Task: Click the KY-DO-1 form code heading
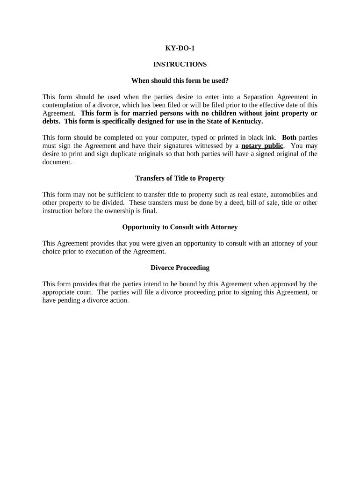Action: pyautogui.click(x=180, y=48)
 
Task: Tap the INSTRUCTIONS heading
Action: pyautogui.click(x=180, y=64)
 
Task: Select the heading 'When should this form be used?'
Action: pyautogui.click(x=180, y=80)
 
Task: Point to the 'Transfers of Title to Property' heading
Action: pyautogui.click(x=180, y=178)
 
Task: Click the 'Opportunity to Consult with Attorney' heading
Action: pyautogui.click(x=180, y=227)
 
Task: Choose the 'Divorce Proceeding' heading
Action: pyautogui.click(x=180, y=268)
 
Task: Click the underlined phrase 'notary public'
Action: pyautogui.click(x=262, y=145)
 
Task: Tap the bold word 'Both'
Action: pyautogui.click(x=289, y=138)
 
